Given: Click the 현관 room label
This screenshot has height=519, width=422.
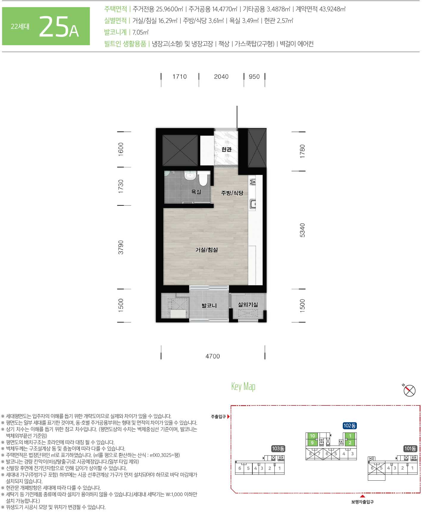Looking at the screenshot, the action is [226, 149].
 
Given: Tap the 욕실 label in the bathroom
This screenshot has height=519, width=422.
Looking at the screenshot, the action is [196, 192].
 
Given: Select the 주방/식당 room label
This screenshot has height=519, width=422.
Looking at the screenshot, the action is [232, 193].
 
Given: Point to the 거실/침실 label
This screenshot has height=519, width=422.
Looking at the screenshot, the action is [207, 250].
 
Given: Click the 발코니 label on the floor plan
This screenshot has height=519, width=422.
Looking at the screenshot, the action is [209, 306].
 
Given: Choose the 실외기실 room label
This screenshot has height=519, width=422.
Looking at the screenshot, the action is [248, 304].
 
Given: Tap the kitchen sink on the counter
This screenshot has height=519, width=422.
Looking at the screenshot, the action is [253, 204].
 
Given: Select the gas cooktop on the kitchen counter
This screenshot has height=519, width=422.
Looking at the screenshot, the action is [253, 181].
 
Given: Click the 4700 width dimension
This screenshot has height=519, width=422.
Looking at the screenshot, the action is [213, 356].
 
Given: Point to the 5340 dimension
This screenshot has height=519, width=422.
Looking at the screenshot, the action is [302, 230].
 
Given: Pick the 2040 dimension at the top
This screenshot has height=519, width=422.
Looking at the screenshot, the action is [221, 77].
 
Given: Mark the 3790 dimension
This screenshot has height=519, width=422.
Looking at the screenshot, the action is [121, 247].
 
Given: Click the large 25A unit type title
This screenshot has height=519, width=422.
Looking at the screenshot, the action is [59, 27].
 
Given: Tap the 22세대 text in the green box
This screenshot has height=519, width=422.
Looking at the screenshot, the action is [20, 26].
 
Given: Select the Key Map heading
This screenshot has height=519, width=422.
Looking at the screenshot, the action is [243, 386].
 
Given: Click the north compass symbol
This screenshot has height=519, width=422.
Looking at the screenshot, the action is [409, 390].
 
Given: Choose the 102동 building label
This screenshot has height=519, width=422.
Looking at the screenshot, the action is [350, 426].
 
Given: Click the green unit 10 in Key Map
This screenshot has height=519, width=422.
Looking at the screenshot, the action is [312, 436].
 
